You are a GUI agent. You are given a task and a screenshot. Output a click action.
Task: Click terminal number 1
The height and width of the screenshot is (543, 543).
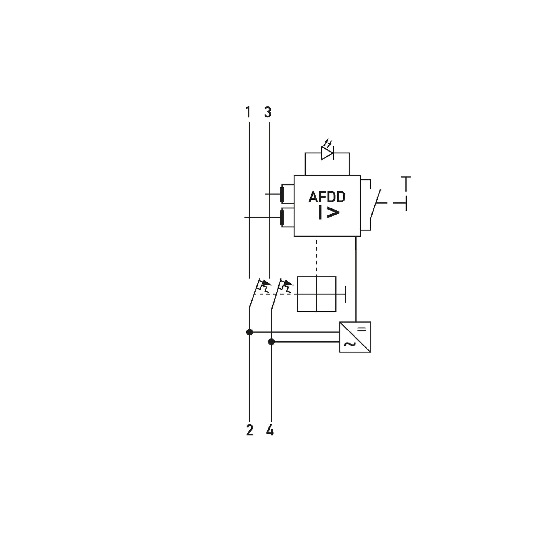click(248, 112)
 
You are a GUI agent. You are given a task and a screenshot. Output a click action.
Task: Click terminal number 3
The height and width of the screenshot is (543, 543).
click(268, 112)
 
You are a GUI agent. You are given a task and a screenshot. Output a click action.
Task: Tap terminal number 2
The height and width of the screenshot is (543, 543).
click(249, 430)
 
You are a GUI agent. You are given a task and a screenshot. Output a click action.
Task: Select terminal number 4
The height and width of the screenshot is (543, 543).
click(270, 430)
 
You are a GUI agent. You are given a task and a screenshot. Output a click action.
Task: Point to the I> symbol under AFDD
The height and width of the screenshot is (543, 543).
click(329, 212)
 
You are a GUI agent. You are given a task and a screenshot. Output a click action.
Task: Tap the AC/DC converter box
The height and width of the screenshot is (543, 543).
click(355, 337)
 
